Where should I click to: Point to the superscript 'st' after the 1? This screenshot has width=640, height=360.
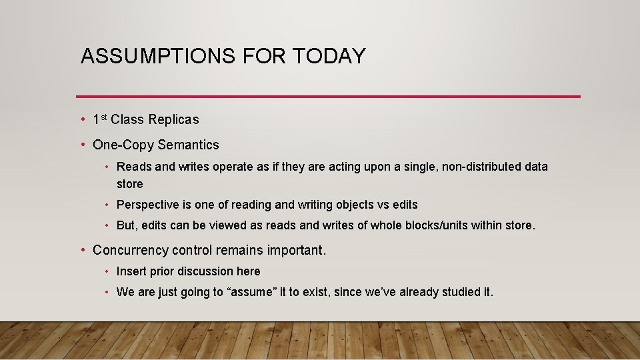(104, 117)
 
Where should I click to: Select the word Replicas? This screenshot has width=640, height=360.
(173, 120)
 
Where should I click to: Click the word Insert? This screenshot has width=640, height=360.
(131, 271)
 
